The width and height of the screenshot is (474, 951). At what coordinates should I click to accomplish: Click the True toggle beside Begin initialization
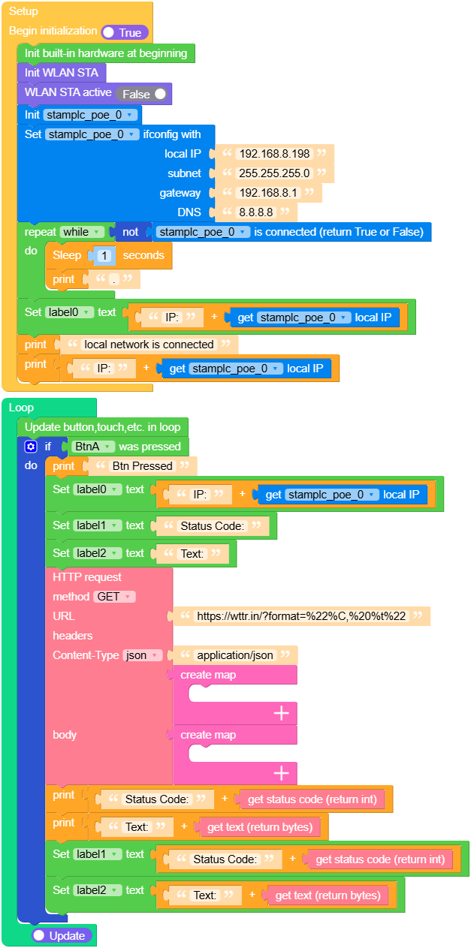[125, 32]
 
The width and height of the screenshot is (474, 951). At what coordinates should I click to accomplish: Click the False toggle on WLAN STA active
[143, 94]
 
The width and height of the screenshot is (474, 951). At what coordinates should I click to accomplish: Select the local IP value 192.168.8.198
[273, 154]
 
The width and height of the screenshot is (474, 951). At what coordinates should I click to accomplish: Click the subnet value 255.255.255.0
[273, 173]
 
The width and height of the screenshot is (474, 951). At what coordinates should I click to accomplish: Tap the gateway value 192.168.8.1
[267, 193]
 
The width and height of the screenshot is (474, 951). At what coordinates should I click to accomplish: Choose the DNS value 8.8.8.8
[255, 212]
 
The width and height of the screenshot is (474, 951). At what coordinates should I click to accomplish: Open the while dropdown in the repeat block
[82, 232]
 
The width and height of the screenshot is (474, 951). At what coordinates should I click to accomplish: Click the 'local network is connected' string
[149, 345]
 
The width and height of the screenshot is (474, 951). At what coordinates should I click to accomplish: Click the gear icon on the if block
[30, 447]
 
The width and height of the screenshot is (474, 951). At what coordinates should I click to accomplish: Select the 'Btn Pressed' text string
[142, 466]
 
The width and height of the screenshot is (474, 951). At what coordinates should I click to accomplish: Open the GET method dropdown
[114, 597]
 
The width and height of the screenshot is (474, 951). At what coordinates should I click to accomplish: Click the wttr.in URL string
[300, 616]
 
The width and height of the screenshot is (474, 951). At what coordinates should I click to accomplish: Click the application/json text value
[236, 655]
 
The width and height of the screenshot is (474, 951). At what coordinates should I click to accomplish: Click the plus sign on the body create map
[282, 773]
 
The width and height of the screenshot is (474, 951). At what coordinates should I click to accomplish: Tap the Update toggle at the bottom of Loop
[62, 935]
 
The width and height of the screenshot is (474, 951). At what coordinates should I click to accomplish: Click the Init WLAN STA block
[62, 72]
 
